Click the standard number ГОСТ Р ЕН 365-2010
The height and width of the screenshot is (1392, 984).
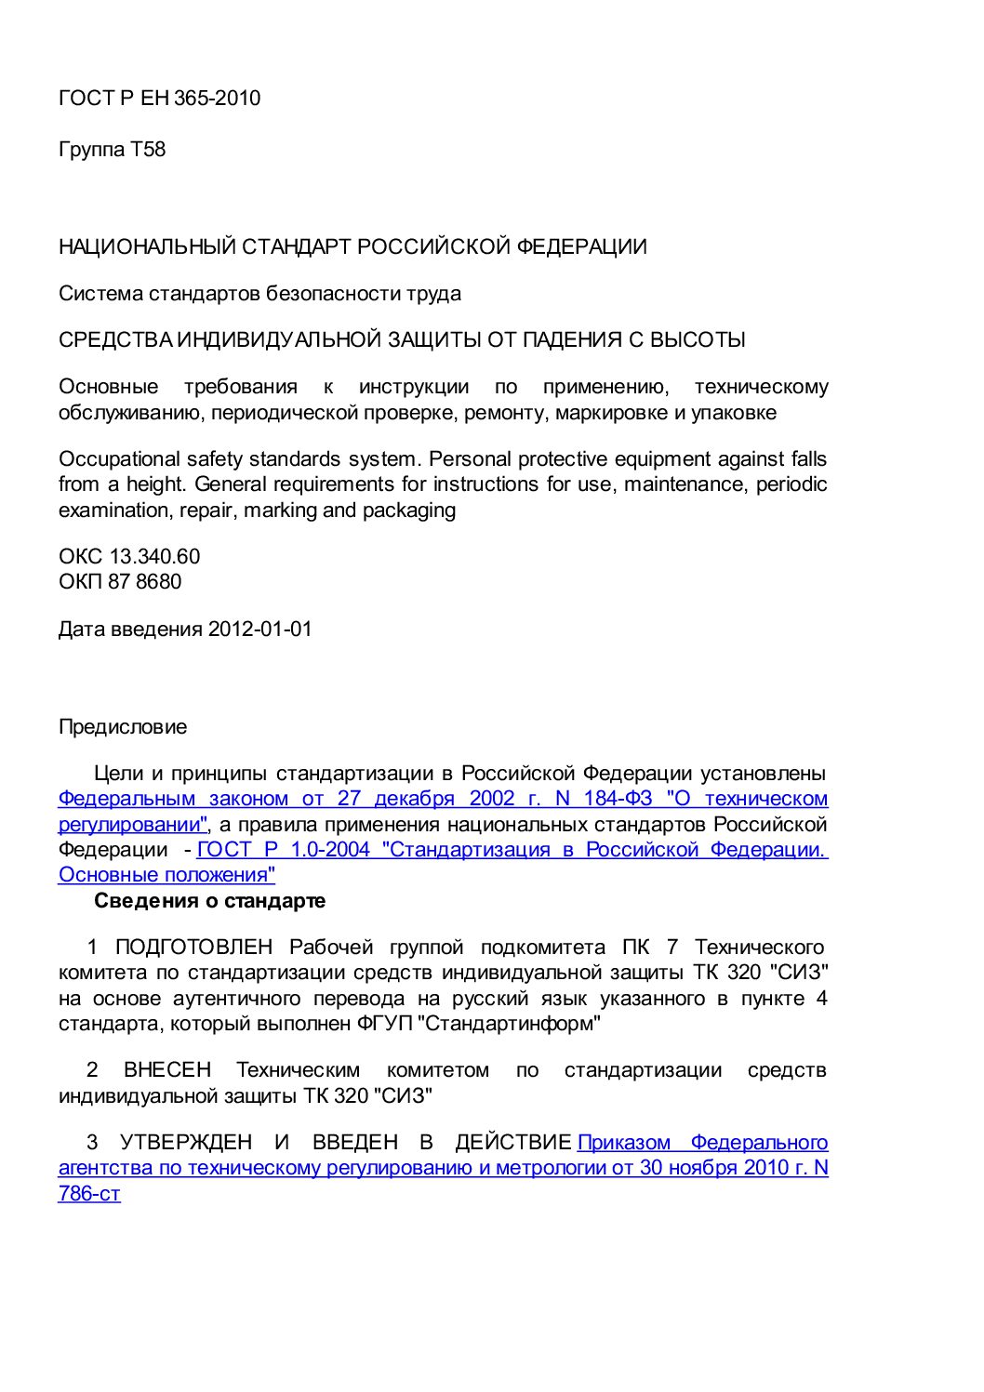coord(159,99)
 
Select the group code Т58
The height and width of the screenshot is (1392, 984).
coord(148,150)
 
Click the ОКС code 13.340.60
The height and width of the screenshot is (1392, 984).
coord(154,557)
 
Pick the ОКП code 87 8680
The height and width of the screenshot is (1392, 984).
coord(145,582)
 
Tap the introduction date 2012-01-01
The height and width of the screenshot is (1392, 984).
coord(259,630)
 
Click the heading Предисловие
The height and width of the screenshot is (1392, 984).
coord(123,727)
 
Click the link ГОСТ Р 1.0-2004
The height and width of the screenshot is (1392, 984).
coord(284,850)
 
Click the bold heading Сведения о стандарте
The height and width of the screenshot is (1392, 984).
coord(209,901)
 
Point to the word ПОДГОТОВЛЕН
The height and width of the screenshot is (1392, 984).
coord(193,948)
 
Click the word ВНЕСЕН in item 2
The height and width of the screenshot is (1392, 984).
coord(167,1070)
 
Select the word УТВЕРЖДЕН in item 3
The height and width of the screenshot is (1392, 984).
coord(186,1143)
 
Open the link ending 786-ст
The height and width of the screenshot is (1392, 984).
coord(89,1194)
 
